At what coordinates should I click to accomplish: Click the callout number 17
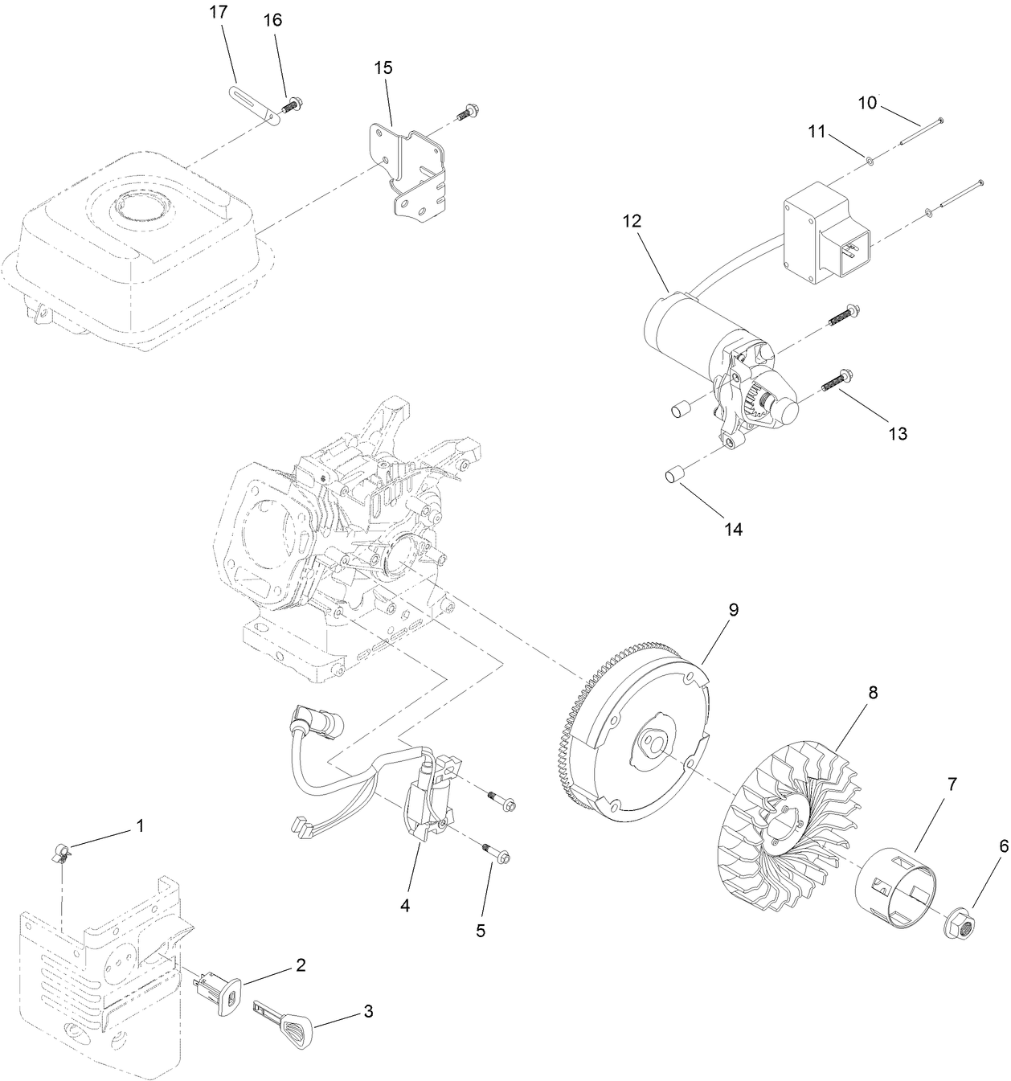(x=218, y=13)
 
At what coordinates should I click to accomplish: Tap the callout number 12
(x=632, y=221)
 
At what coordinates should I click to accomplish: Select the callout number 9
(x=733, y=610)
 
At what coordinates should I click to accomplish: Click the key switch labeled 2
(x=219, y=991)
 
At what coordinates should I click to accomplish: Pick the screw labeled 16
(x=292, y=104)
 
